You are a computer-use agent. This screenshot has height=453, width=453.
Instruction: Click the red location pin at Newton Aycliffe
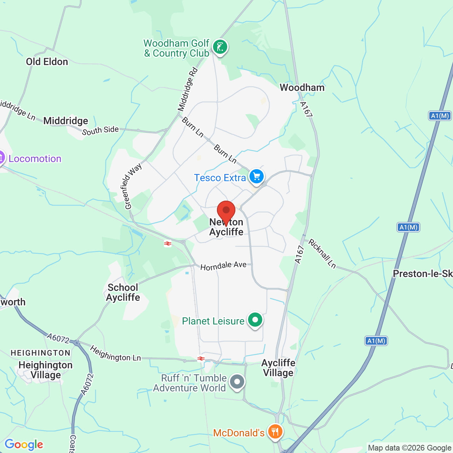[x=226, y=211]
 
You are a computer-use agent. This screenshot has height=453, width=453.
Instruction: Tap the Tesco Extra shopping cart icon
[x=257, y=176]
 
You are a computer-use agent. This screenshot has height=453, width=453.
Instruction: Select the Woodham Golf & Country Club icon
[x=220, y=47]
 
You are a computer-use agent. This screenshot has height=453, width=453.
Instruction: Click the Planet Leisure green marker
[x=255, y=320]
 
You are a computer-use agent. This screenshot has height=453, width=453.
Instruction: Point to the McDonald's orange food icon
[x=275, y=432]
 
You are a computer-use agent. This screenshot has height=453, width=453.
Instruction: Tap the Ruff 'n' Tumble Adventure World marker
[x=237, y=382]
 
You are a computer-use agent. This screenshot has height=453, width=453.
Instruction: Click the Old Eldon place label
[x=47, y=62]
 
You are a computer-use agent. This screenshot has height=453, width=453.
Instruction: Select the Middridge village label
[x=65, y=121]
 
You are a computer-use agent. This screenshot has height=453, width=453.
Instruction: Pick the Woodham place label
[x=302, y=87]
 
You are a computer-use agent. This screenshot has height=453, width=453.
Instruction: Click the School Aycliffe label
[x=123, y=292]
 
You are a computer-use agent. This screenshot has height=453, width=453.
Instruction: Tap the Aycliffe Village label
[x=278, y=368]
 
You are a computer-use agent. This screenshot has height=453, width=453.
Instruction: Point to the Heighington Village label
[x=45, y=370]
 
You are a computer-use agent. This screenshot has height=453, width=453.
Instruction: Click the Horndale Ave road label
[x=223, y=265]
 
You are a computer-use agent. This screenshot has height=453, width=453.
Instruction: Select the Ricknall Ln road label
[x=322, y=253]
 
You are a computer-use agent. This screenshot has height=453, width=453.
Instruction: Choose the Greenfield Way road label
[x=133, y=186]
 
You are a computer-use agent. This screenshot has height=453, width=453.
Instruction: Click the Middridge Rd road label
[x=188, y=89]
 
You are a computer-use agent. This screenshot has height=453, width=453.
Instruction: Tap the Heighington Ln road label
[x=115, y=354]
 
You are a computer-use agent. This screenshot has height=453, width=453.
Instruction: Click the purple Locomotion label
[x=35, y=159]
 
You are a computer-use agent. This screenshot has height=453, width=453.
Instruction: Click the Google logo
[x=24, y=445]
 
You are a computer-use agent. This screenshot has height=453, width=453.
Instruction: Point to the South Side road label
[x=101, y=130]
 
